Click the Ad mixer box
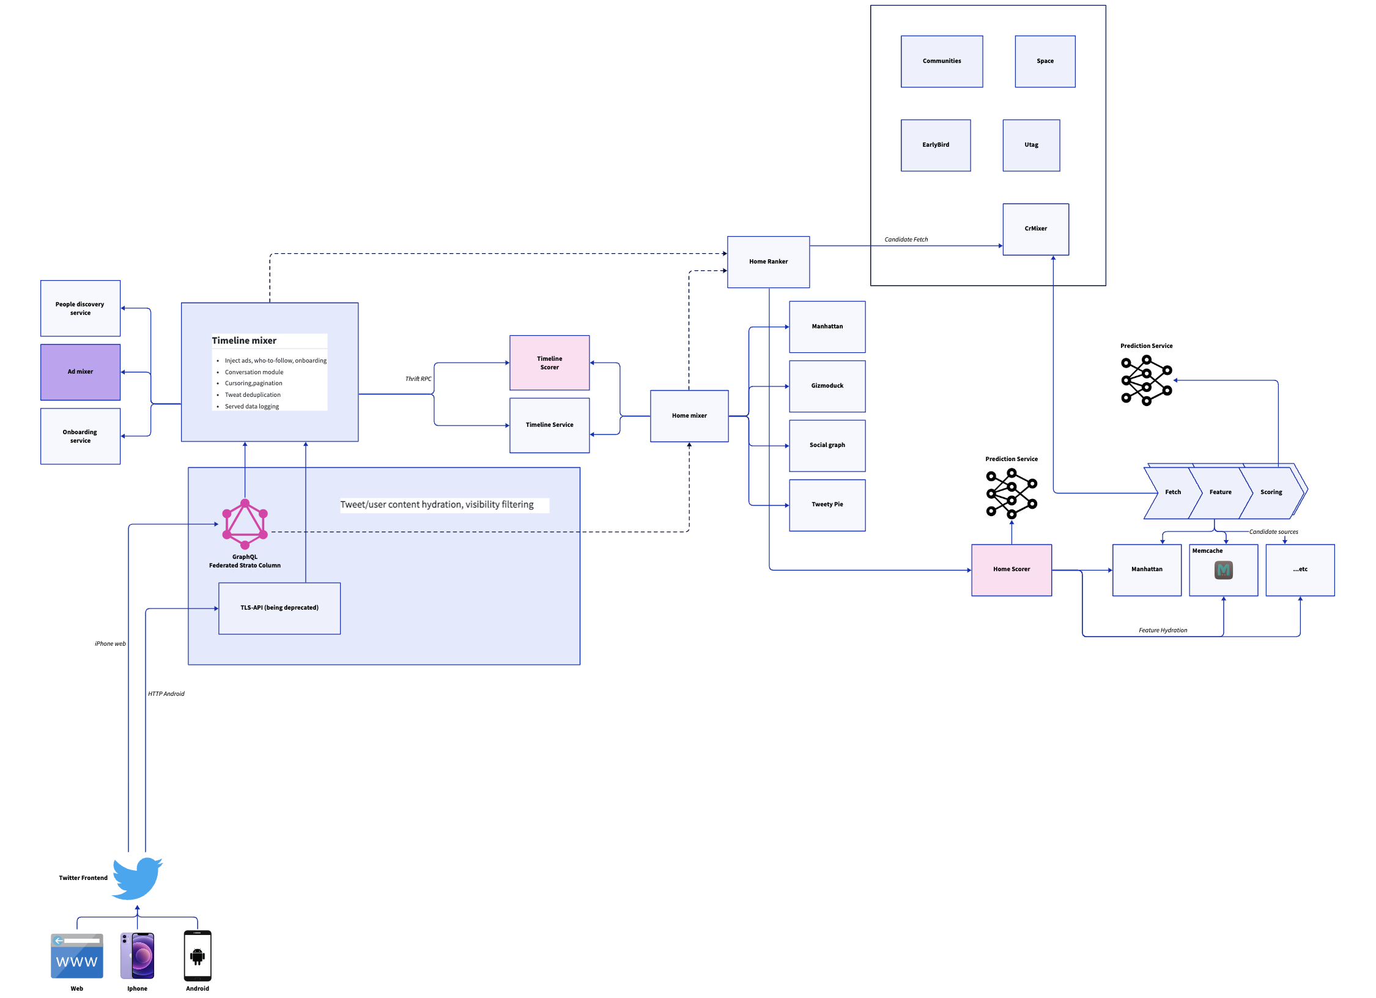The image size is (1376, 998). [80, 372]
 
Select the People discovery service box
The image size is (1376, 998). [80, 308]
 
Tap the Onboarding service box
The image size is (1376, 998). [80, 436]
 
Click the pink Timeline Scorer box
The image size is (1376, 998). [549, 363]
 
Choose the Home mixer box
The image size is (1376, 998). [689, 416]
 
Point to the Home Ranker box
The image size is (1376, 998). [768, 262]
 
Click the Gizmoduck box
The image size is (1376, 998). [827, 386]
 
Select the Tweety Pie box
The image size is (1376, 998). [827, 505]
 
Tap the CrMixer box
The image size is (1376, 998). [1035, 229]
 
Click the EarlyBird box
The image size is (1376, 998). [936, 145]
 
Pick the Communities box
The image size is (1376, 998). [942, 61]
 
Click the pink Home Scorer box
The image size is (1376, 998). [1012, 569]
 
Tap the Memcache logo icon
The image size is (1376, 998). [1223, 571]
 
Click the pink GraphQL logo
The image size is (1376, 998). [245, 523]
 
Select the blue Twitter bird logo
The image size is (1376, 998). [137, 878]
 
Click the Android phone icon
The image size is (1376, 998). [198, 956]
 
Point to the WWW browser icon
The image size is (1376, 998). [77, 956]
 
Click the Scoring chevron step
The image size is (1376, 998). [1271, 492]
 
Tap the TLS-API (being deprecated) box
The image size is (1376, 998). [279, 608]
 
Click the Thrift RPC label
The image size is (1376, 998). [418, 379]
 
